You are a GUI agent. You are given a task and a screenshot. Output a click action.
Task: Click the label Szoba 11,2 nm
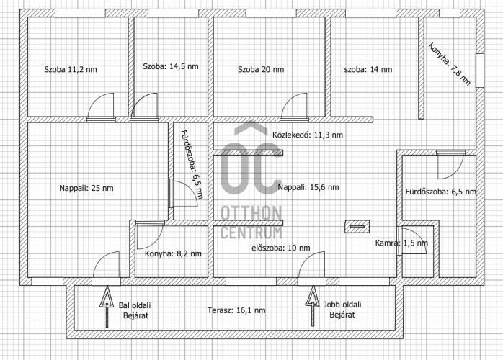point(71,69)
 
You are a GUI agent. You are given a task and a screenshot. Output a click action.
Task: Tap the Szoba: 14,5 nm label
point(171,66)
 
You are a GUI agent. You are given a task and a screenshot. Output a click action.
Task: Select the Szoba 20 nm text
point(261,69)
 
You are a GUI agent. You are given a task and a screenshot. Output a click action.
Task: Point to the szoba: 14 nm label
point(368,69)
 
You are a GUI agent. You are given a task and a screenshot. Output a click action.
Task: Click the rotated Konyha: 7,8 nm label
point(450,64)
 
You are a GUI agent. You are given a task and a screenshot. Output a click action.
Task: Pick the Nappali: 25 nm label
point(86,188)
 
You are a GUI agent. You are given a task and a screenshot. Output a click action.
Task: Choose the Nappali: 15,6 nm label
point(308,187)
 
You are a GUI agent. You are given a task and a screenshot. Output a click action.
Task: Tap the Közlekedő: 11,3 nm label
point(308,135)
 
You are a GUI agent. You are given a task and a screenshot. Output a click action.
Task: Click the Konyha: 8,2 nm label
point(173,253)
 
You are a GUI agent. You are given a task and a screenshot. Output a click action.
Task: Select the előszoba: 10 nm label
point(281,248)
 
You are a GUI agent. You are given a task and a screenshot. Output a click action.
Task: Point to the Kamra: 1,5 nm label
point(401,243)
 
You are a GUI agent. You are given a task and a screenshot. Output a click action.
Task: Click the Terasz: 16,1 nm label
point(236,310)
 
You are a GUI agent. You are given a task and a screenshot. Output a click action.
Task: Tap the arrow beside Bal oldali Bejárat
point(107,307)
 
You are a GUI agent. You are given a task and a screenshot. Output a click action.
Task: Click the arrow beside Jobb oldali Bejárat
point(313,306)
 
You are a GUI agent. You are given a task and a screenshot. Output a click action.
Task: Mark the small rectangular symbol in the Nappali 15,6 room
point(357,226)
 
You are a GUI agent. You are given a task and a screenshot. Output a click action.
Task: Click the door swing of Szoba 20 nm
point(294,106)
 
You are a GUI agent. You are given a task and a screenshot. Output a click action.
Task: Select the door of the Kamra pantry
point(412,240)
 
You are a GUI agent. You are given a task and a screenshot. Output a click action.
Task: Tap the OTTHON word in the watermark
point(251,213)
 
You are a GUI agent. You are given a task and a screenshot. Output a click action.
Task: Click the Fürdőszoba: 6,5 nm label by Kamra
point(441,192)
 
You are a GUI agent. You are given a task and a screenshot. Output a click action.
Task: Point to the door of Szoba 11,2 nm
point(101,107)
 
